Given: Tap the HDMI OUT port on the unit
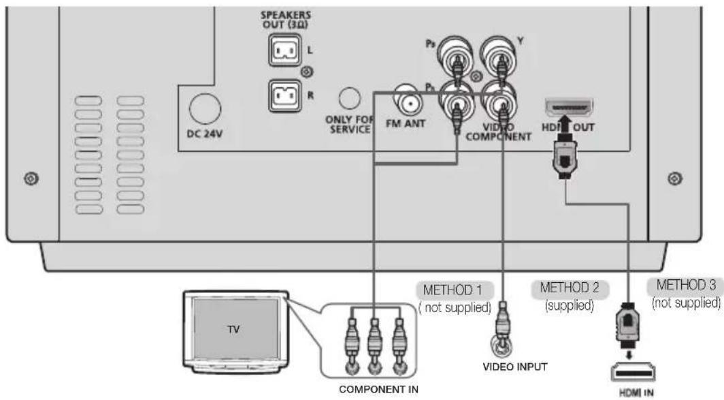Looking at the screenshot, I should (569, 107).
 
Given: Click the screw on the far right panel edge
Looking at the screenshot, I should (672, 179).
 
